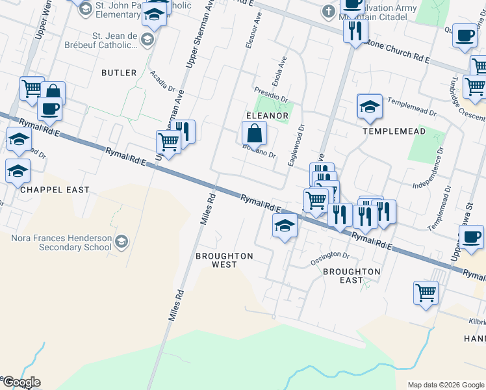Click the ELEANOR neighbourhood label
(266, 116)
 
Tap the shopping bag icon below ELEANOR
(254, 134)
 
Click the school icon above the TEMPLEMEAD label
(369, 106)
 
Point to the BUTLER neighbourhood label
(119, 73)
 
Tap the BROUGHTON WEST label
(224, 260)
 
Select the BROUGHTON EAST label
(352, 276)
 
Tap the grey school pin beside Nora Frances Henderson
(121, 242)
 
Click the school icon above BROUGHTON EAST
(285, 227)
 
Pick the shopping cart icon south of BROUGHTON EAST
(426, 292)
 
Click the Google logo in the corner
(21, 382)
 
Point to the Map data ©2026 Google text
(445, 385)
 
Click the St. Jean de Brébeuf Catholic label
(116, 41)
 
